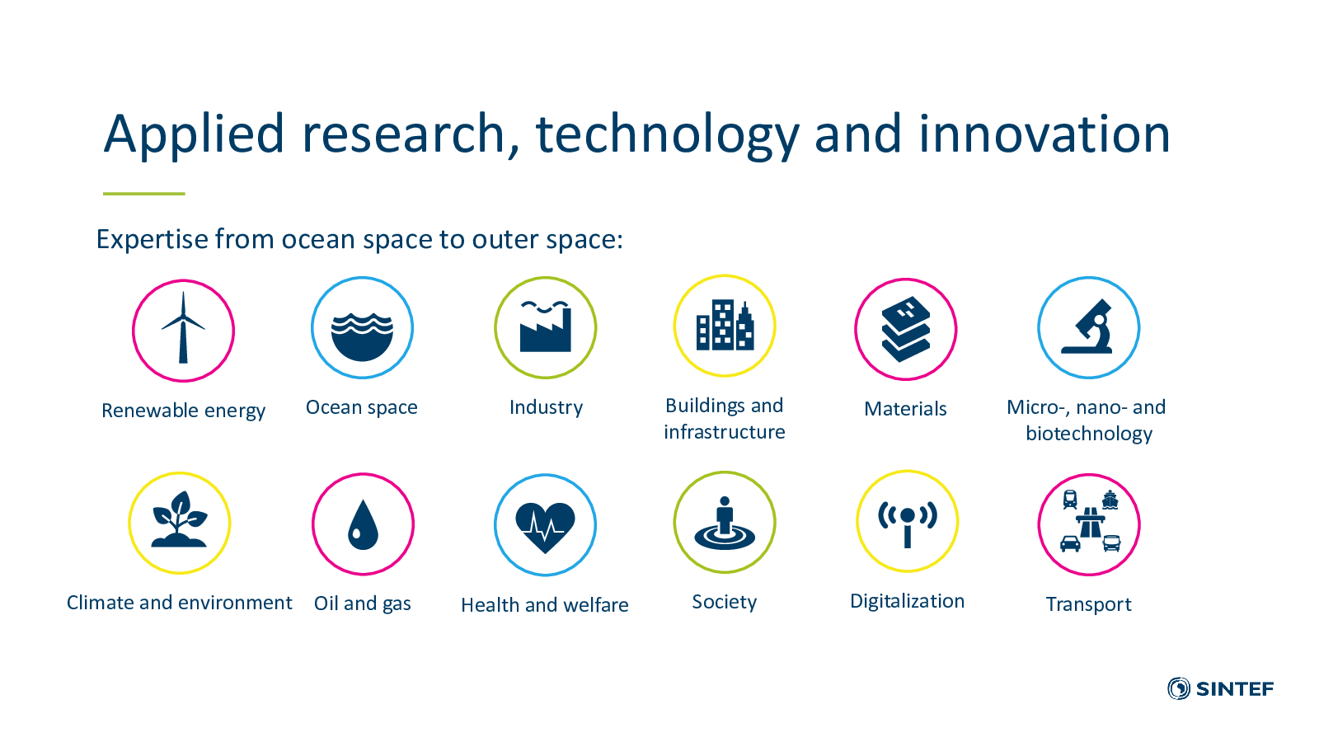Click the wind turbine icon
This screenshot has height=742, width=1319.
click(x=183, y=329)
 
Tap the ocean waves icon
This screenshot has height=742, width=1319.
click(x=362, y=337)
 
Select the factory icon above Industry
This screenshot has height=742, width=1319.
click(x=545, y=326)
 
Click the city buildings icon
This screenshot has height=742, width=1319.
click(x=725, y=325)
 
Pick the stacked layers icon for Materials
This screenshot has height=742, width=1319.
click(x=906, y=329)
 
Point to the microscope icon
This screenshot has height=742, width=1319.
click(x=1088, y=326)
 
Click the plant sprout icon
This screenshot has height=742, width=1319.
click(x=179, y=519)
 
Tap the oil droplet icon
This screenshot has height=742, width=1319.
click(x=363, y=524)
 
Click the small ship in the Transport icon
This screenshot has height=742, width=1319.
click(x=1110, y=500)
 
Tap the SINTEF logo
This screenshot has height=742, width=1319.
click(x=1220, y=688)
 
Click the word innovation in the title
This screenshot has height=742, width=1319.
click(x=1044, y=134)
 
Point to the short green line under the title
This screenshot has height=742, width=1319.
click(x=144, y=193)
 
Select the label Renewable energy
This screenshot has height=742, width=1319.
click(x=183, y=411)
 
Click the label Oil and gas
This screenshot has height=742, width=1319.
click(x=362, y=603)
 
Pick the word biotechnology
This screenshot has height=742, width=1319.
click(x=1089, y=434)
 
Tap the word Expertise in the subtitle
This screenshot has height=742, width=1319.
click(x=152, y=240)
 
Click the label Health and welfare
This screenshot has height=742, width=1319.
click(x=545, y=605)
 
